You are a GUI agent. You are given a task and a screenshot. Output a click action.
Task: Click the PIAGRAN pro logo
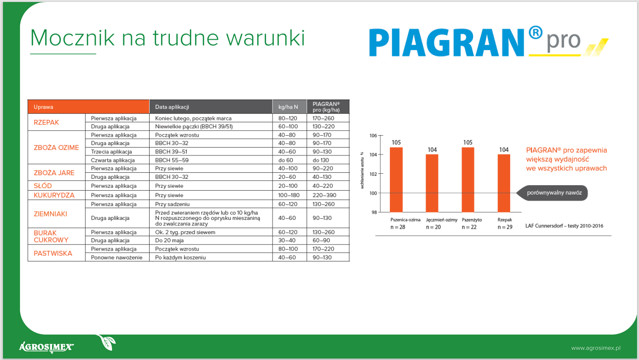pos(488,42)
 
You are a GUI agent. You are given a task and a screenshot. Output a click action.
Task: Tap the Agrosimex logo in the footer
pos(47,347)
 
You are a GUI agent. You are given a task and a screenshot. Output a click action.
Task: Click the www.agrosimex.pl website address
pos(595,348)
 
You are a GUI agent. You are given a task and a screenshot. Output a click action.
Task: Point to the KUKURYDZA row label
pos(54,195)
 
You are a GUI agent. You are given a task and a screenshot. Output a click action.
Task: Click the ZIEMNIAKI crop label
pos(50,214)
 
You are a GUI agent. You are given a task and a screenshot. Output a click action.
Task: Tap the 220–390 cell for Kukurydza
pos(324,195)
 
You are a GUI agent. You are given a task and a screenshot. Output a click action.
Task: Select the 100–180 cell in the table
pos(289,195)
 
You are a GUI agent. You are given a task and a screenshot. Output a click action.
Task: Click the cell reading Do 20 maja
pos(169,240)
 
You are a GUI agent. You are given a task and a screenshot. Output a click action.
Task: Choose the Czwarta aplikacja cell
pos(112,160)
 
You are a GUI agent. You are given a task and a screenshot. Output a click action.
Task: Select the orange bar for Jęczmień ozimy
pos(432,183)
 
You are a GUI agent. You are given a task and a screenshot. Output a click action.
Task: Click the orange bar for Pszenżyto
pos(468,180)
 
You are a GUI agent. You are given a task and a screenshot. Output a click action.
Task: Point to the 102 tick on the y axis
pos(373,174)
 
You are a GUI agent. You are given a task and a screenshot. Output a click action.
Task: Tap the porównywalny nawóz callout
pos(552,193)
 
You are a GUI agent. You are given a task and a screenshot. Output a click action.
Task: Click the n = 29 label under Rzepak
pos(505,227)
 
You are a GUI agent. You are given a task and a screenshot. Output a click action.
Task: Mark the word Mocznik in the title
pos(72,38)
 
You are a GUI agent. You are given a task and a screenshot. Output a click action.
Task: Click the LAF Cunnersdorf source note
pos(564,226)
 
